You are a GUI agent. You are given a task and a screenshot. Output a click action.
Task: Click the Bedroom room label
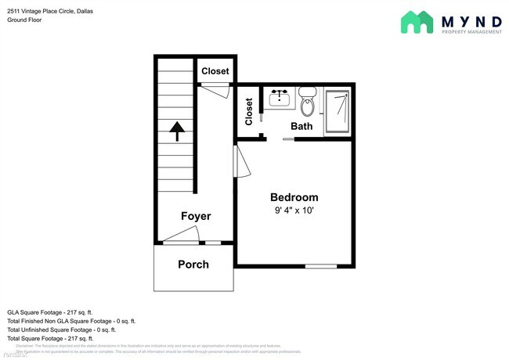294,197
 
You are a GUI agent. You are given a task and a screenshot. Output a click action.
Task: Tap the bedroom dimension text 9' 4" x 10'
294,211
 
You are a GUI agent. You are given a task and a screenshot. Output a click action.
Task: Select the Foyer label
196,216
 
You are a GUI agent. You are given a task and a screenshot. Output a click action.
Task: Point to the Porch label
193,265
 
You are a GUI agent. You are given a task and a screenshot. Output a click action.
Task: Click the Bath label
301,126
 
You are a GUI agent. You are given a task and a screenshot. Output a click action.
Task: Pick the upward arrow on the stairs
176,131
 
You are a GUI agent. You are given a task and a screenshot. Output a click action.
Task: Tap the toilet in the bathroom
308,105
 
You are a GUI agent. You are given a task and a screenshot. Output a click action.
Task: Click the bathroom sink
280,98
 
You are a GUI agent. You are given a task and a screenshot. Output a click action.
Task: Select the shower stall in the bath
338,112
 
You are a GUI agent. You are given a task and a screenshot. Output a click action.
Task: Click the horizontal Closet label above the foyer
215,71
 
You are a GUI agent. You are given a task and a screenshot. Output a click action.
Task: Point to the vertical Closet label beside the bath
249,111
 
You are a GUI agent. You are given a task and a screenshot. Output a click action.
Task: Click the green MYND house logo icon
417,22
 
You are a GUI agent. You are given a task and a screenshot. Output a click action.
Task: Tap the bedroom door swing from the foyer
243,164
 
